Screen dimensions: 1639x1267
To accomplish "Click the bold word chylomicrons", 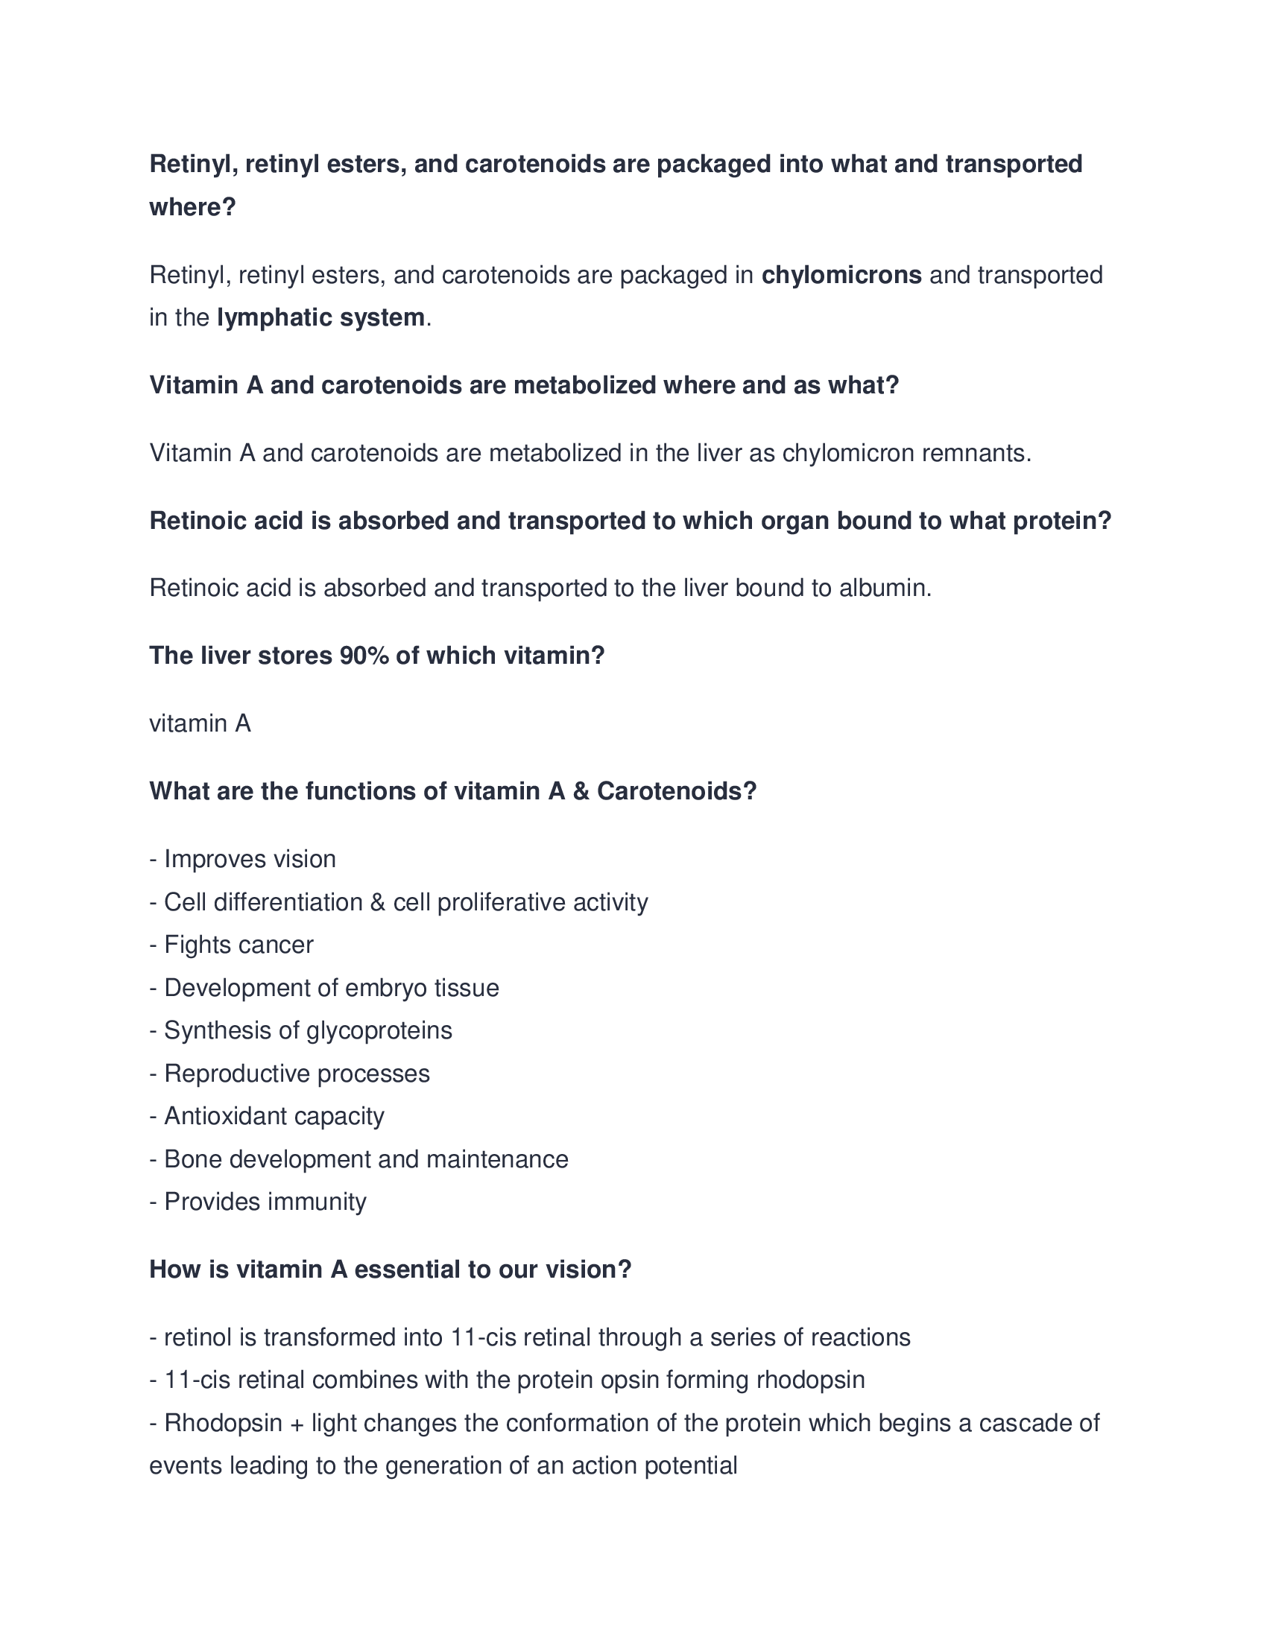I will click(841, 276).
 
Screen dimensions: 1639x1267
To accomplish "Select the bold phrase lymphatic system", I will click(320, 318).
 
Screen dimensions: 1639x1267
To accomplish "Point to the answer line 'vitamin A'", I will click(200, 723).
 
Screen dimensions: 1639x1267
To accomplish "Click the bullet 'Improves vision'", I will click(242, 858).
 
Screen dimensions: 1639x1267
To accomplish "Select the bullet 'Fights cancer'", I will click(231, 944).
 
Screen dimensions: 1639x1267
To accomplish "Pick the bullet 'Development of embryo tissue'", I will click(324, 988).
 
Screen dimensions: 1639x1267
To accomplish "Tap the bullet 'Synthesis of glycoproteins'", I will click(301, 1030).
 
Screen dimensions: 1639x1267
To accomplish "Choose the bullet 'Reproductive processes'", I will click(290, 1073).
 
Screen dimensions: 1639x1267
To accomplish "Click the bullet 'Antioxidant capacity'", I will click(267, 1116).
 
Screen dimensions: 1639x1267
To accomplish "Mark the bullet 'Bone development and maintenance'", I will click(358, 1159).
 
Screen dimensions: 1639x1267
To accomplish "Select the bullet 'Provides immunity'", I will click(257, 1202).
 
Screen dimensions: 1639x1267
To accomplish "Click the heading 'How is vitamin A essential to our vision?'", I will click(391, 1269).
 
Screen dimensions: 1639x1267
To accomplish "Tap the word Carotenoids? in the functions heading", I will click(676, 791).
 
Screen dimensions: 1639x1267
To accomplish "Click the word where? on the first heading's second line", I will click(193, 207).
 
